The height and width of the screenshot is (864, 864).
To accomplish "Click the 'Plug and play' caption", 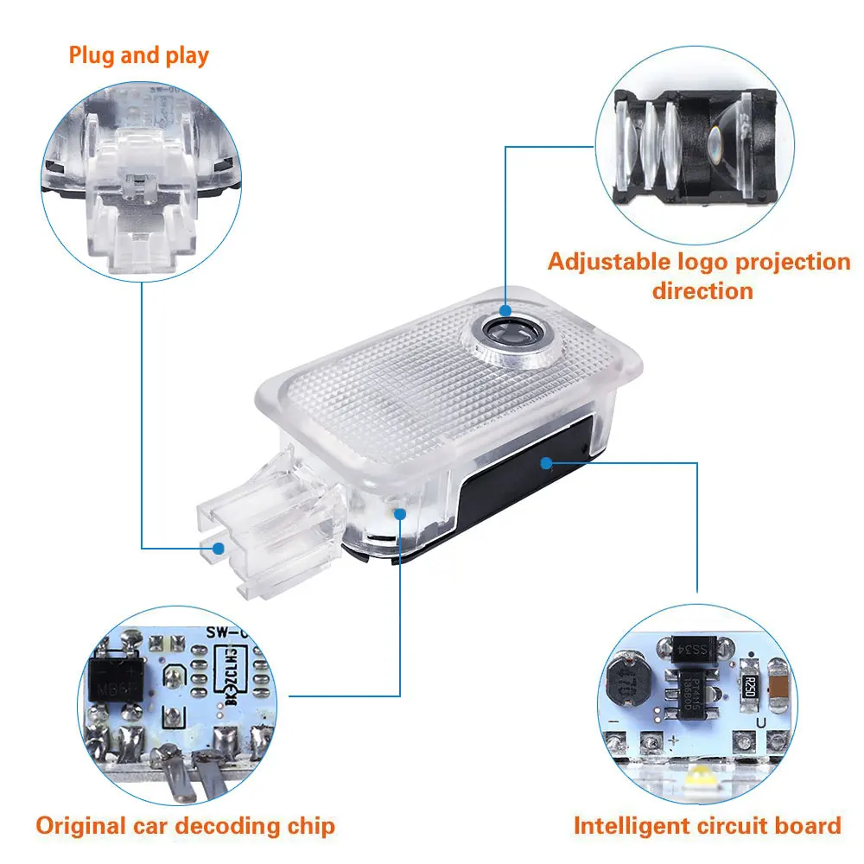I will (x=139, y=57).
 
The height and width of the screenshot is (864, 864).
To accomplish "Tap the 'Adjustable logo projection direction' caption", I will (x=699, y=275).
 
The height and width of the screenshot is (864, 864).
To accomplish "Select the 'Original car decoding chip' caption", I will (x=185, y=825).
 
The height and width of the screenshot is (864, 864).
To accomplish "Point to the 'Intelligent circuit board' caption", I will (x=708, y=825).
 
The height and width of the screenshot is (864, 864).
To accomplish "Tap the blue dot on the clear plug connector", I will (x=219, y=548).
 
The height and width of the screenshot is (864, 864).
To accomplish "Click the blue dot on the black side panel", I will (x=545, y=462).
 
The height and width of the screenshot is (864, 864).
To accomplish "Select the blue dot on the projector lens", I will (x=505, y=308).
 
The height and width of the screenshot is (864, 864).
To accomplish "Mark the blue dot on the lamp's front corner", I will (x=399, y=513).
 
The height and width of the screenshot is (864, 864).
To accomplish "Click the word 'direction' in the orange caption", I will (x=702, y=290).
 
